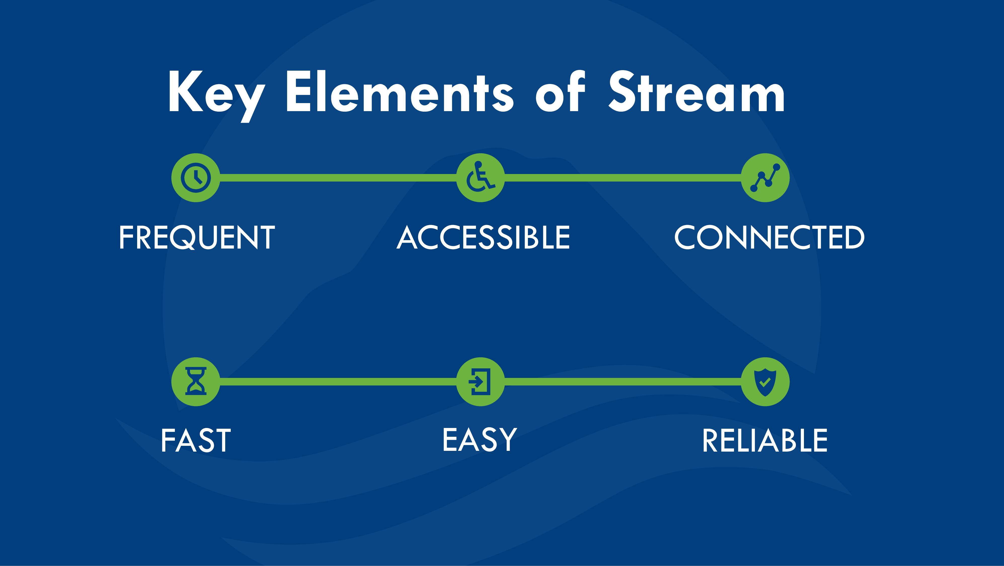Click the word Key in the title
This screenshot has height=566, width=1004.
pos(216,96)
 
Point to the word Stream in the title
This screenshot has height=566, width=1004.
pos(697,92)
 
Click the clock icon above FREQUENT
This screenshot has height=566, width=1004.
pos(196,178)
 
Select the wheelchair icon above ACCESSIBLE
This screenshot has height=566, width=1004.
pos(481,178)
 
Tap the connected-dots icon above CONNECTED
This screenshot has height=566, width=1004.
pos(765,178)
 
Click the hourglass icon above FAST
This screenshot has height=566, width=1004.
pos(196,381)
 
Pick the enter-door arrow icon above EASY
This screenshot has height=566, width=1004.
pos(481,381)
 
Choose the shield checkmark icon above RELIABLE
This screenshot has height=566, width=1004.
pos(765,381)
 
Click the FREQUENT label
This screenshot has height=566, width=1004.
pos(197,237)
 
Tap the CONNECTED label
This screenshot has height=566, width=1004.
pos(769,237)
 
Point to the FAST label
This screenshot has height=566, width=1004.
pos(196,440)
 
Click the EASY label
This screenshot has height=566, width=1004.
pos(480,440)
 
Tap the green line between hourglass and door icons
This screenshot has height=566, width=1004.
pos(338,382)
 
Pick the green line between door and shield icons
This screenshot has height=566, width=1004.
pos(623,382)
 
